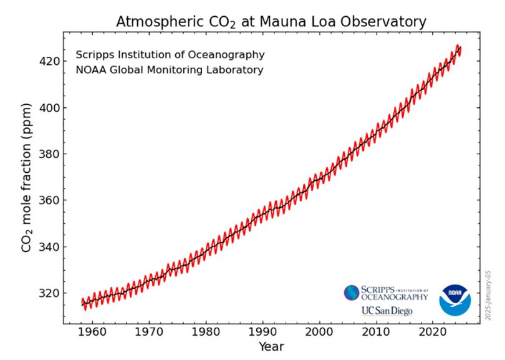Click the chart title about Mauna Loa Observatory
[271, 22]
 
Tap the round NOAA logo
[454, 300]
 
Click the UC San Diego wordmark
[387, 311]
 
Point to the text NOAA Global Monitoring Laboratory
[169, 70]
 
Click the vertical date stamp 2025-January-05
[489, 294]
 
